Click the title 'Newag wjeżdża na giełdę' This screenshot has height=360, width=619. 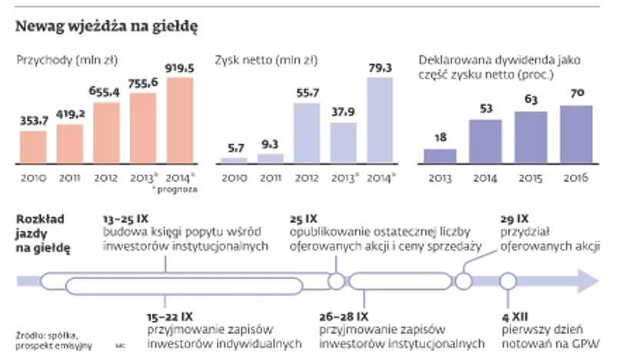(108, 27)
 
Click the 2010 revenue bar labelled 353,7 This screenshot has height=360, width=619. (34, 147)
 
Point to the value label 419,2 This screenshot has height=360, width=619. (70, 116)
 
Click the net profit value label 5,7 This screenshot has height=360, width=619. (234, 149)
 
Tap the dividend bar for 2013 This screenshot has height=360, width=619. (440, 156)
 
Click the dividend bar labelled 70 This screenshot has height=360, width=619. (576, 135)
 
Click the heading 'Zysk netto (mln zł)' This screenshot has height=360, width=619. (266, 60)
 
